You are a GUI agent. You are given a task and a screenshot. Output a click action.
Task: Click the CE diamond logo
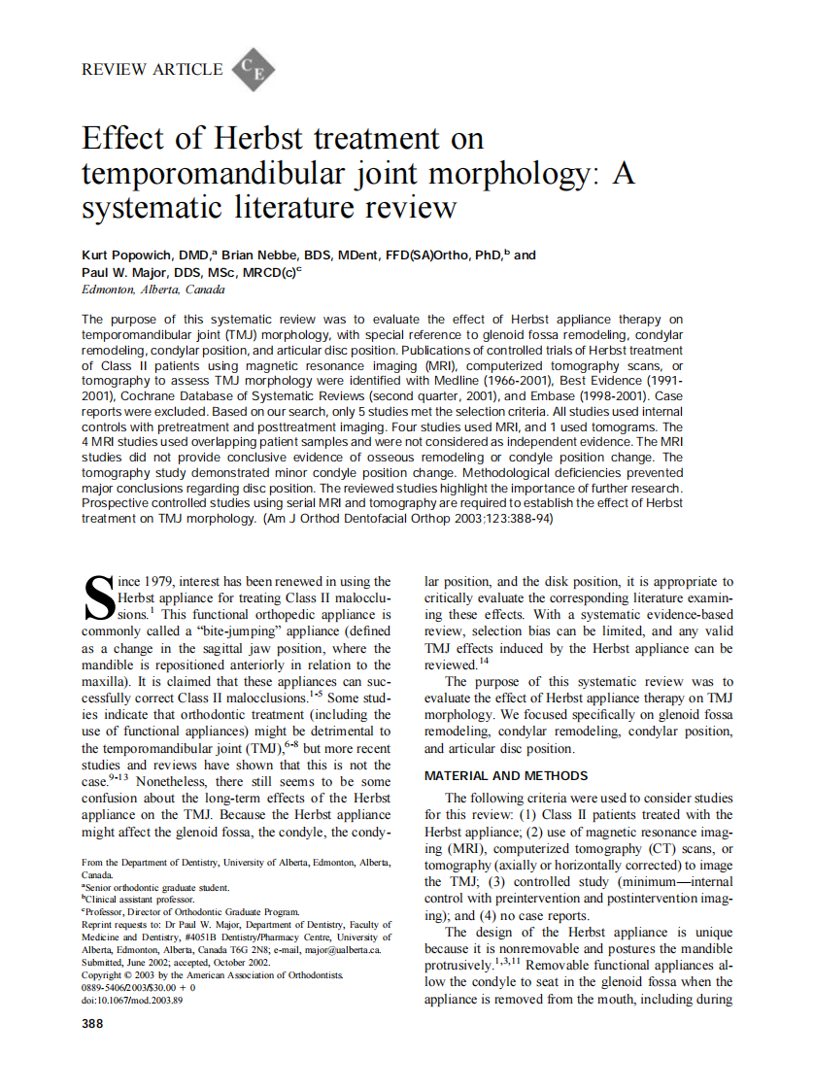point(255,69)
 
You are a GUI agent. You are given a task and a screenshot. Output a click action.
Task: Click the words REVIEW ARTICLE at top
point(153,69)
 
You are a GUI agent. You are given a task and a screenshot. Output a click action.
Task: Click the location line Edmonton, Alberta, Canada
point(153,290)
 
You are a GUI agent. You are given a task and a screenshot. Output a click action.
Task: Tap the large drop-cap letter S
point(100,597)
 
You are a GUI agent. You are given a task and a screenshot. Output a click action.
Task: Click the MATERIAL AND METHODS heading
point(506,775)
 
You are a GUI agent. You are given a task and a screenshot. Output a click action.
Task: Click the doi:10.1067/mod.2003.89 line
point(132,1000)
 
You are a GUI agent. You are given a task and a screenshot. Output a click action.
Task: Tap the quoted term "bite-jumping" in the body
point(224,631)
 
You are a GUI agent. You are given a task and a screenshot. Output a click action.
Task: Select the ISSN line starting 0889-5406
point(140,987)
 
